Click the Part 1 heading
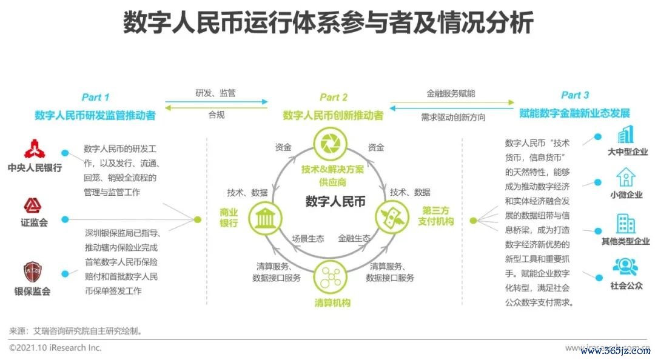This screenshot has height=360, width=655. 96,98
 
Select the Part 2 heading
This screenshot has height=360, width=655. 334,98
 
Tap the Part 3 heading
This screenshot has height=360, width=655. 574,95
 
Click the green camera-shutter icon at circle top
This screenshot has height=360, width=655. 332,144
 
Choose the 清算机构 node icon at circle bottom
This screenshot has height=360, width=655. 332,278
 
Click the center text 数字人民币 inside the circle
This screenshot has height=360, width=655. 335,202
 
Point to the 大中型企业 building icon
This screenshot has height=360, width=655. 625,135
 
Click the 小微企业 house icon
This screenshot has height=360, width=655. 626,177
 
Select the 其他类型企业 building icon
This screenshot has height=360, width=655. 625,224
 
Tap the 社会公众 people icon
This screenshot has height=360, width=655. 625,267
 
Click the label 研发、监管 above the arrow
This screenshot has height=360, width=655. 215,93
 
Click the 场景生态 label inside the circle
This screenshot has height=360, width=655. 308,238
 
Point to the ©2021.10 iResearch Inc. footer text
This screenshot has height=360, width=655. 55,348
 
